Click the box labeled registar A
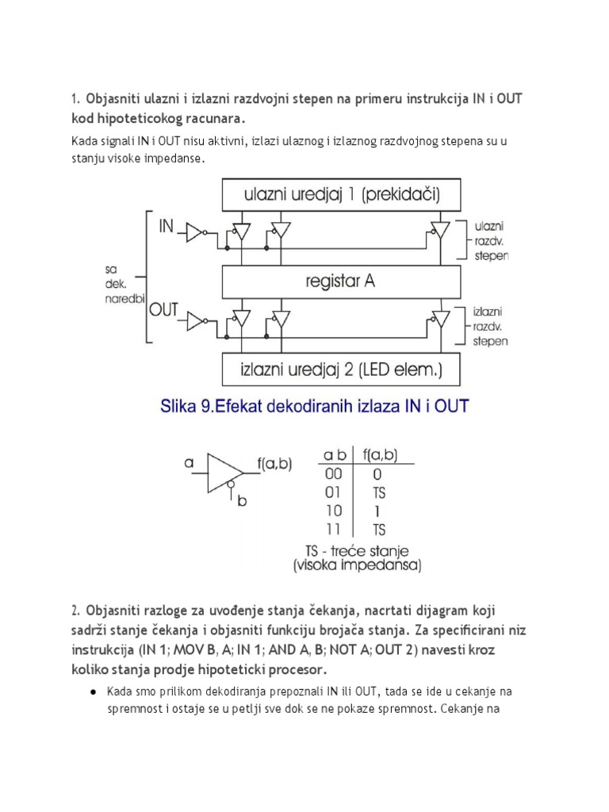(341, 280)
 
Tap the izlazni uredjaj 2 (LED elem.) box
(341, 368)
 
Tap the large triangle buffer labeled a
(221, 473)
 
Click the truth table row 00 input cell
(333, 473)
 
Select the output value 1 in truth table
(377, 511)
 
